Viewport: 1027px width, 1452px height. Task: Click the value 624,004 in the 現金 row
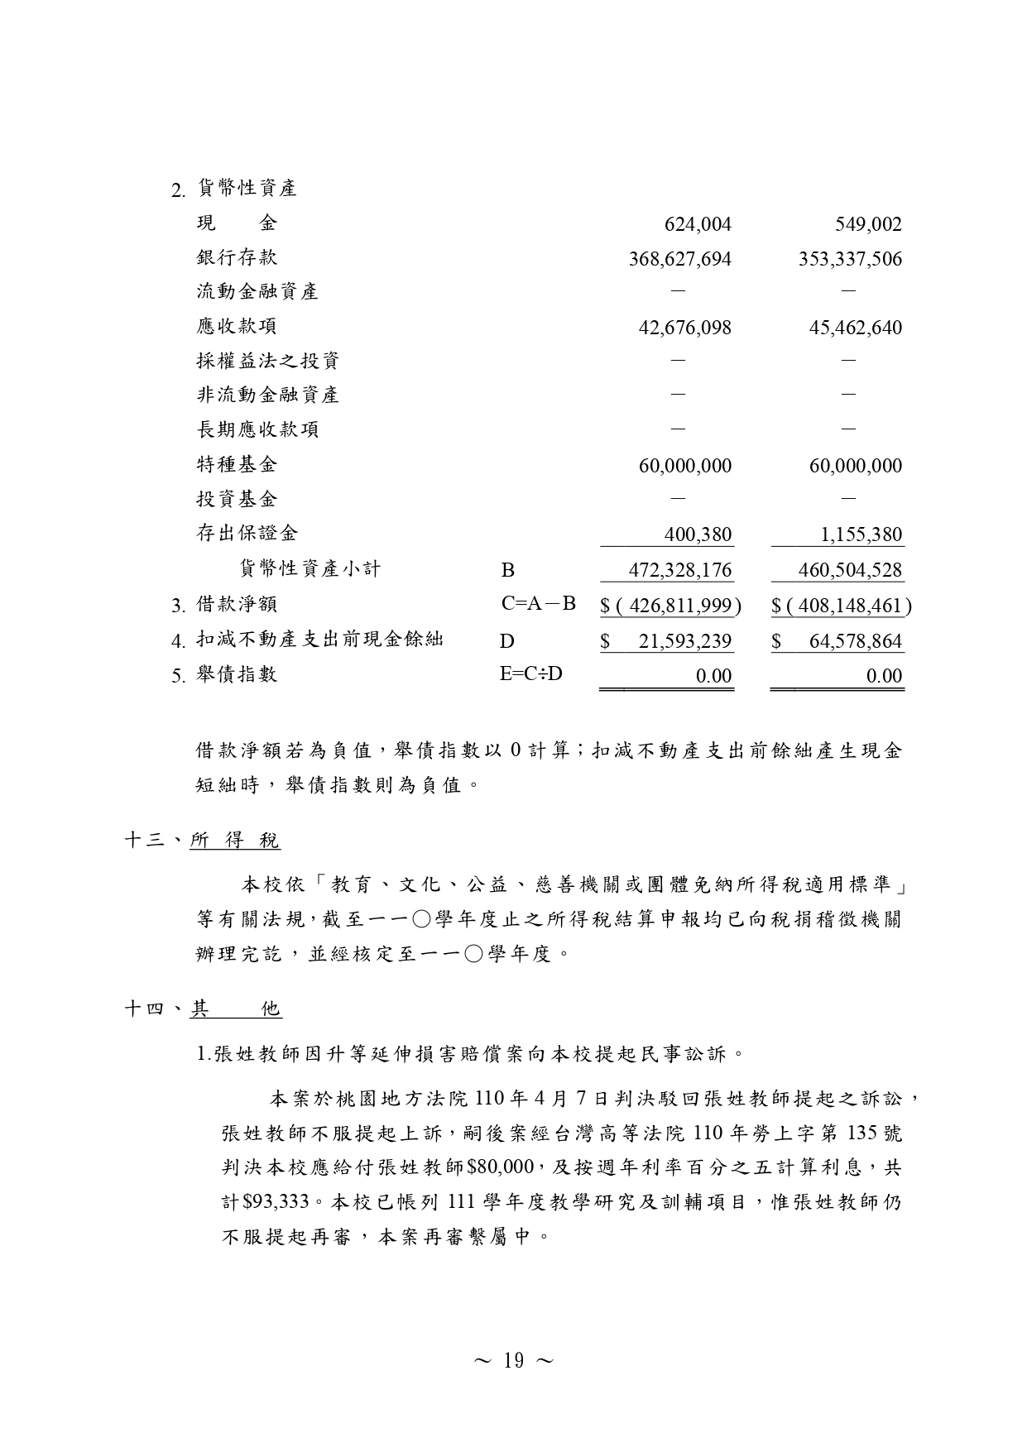(x=698, y=224)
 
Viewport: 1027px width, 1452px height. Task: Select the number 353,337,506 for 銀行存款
(x=850, y=259)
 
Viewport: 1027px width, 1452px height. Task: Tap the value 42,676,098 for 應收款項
(x=684, y=328)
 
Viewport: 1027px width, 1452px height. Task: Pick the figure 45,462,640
(x=855, y=328)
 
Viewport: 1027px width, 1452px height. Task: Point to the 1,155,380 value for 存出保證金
(x=861, y=534)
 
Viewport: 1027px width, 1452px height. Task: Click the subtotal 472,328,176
(x=681, y=570)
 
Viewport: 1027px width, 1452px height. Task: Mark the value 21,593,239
(x=684, y=641)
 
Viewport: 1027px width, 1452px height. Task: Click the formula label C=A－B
(x=538, y=604)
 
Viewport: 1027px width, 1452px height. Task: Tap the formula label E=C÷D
(x=530, y=673)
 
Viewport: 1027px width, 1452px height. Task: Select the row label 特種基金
(x=237, y=464)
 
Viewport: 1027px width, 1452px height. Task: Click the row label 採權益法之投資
(x=268, y=361)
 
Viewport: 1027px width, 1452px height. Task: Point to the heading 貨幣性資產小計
(x=310, y=568)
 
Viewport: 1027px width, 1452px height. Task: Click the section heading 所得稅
(x=235, y=841)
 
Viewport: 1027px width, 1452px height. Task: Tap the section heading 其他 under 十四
(x=236, y=1009)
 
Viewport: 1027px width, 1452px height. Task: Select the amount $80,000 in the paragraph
(x=500, y=1167)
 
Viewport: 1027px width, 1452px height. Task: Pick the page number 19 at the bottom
(x=513, y=1361)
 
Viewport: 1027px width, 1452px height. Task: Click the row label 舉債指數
(x=237, y=674)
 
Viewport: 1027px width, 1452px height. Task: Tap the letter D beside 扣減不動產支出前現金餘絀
(x=507, y=640)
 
